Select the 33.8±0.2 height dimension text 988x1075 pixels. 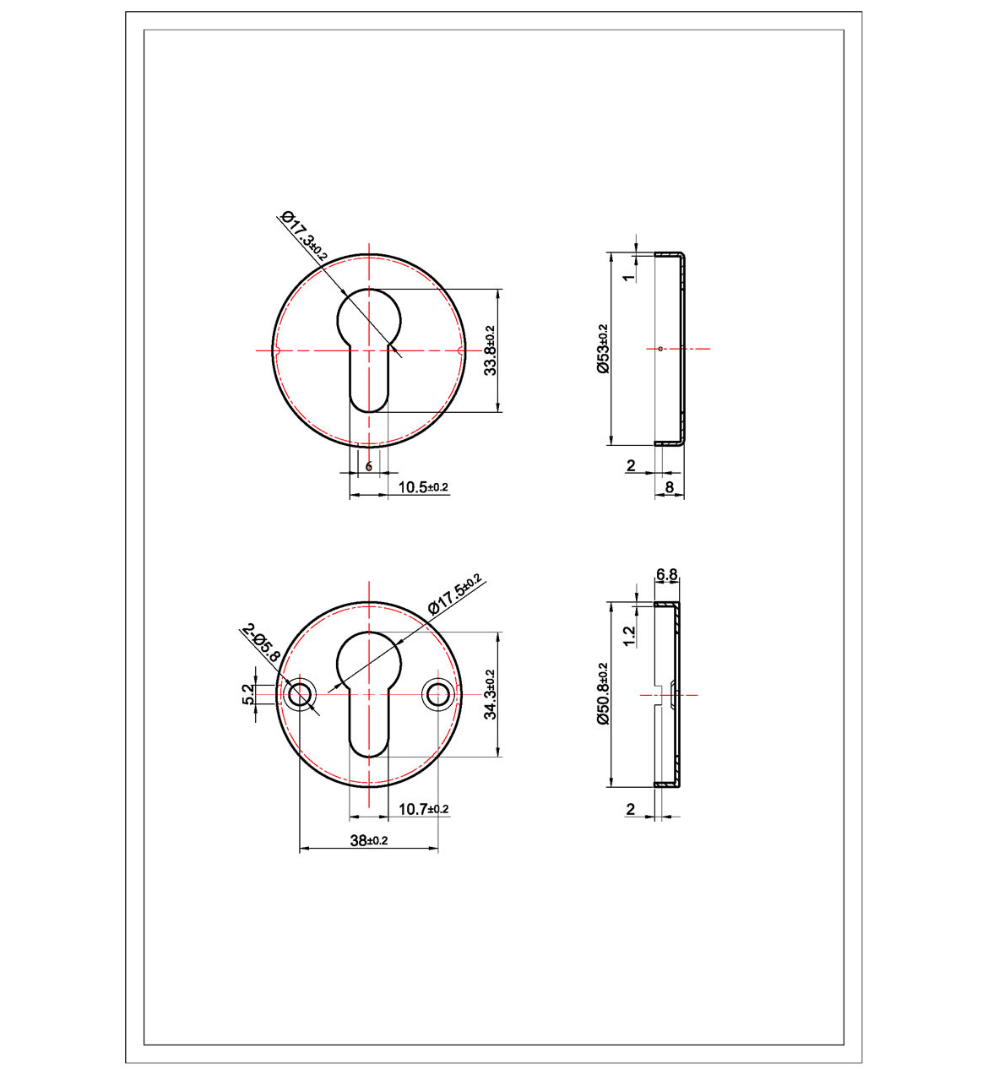(489, 350)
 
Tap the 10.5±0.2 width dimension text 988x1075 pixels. (422, 487)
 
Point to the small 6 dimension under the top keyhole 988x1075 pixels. (369, 466)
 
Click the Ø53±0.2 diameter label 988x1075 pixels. (602, 348)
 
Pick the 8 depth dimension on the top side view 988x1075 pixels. (669, 486)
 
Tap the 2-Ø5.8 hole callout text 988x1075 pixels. (258, 643)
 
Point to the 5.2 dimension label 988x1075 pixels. (248, 694)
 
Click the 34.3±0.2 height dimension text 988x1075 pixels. (489, 694)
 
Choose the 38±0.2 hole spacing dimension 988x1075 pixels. (369, 840)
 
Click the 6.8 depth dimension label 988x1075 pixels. (666, 575)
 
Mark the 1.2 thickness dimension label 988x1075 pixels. (627, 636)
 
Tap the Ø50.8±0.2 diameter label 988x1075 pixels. (602, 694)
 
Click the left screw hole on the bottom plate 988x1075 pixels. (299, 694)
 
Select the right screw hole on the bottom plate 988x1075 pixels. (437, 694)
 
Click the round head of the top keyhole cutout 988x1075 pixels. (369, 317)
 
